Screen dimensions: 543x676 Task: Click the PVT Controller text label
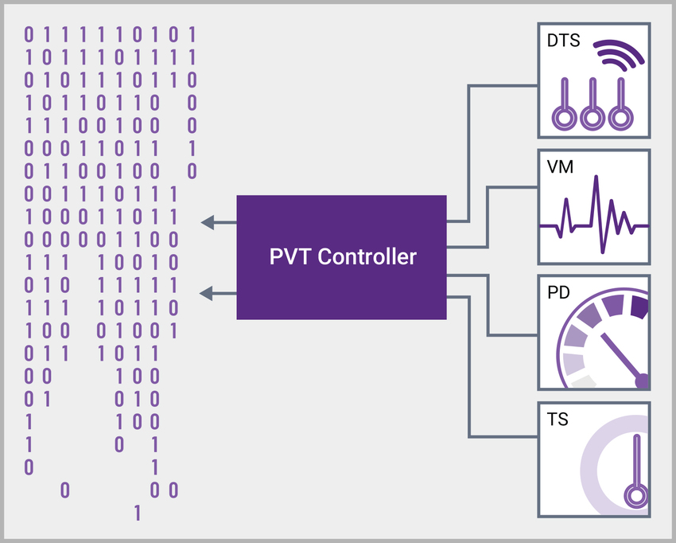pos(342,257)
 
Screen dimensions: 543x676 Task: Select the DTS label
pos(563,40)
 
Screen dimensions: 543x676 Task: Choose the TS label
pos(558,418)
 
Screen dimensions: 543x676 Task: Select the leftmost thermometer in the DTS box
pos(564,107)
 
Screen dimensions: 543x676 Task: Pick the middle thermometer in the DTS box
pos(591,107)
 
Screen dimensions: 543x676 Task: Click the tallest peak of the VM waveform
pos(593,185)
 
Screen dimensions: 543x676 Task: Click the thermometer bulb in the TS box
pos(635,496)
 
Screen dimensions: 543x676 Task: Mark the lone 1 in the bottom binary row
pos(138,513)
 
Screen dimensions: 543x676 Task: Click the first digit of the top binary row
pos(29,35)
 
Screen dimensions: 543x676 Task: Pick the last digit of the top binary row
pos(191,35)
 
